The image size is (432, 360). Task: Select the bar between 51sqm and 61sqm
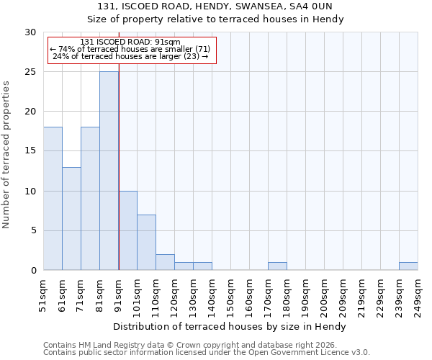pos(53,199)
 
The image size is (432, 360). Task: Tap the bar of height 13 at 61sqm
pos(71,218)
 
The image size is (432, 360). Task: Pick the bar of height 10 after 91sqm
pos(127,230)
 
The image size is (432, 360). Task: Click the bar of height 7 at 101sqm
pos(146,242)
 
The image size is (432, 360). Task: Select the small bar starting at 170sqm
pos(277,266)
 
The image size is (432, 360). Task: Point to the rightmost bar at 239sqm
pos(408,266)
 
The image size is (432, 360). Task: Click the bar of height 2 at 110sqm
pos(165,262)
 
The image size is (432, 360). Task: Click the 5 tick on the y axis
pos(33,230)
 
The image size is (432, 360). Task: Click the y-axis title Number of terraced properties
pos(7,155)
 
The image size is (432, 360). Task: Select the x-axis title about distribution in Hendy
pos(230,326)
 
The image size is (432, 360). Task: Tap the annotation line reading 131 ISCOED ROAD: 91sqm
pos(130,42)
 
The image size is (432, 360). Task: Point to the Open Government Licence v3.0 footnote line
pos(207,352)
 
